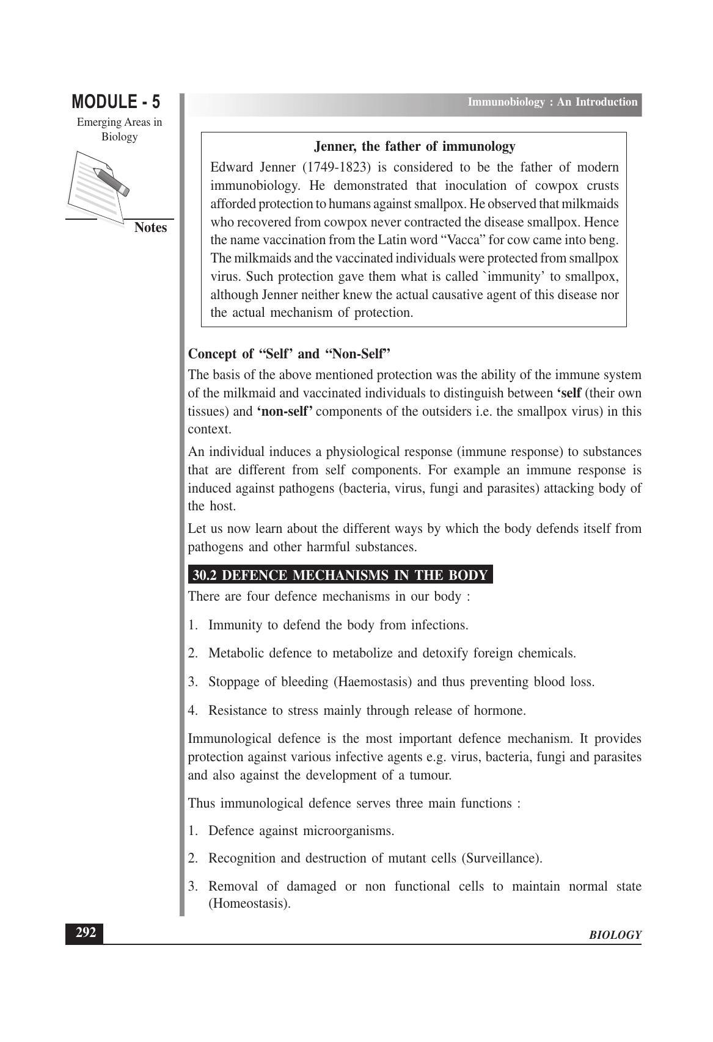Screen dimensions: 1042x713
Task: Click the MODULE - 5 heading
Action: pyautogui.click(x=116, y=101)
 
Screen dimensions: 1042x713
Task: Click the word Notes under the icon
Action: pyautogui.click(x=150, y=228)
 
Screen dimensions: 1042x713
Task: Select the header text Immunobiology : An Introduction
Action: pyautogui.click(x=552, y=102)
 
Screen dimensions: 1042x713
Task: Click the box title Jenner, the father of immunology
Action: pyautogui.click(x=414, y=147)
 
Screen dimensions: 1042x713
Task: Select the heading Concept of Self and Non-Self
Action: pyautogui.click(x=289, y=354)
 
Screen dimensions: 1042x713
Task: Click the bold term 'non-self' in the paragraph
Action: pyautogui.click(x=284, y=411)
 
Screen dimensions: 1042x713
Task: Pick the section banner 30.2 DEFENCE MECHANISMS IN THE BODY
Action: pyautogui.click(x=340, y=575)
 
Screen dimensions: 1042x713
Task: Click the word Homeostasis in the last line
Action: pyautogui.click(x=249, y=903)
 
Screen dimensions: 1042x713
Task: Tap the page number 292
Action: pyautogui.click(x=85, y=933)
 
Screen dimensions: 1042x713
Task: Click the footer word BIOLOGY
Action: pyautogui.click(x=615, y=935)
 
